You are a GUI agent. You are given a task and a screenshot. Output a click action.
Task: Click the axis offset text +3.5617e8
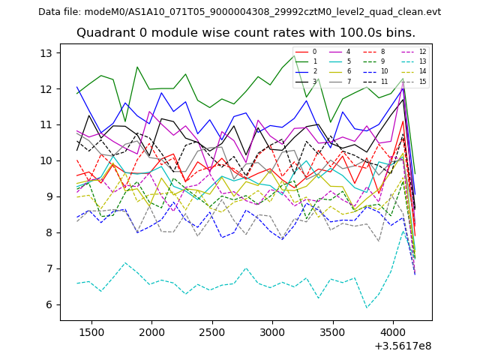tap(403, 345)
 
